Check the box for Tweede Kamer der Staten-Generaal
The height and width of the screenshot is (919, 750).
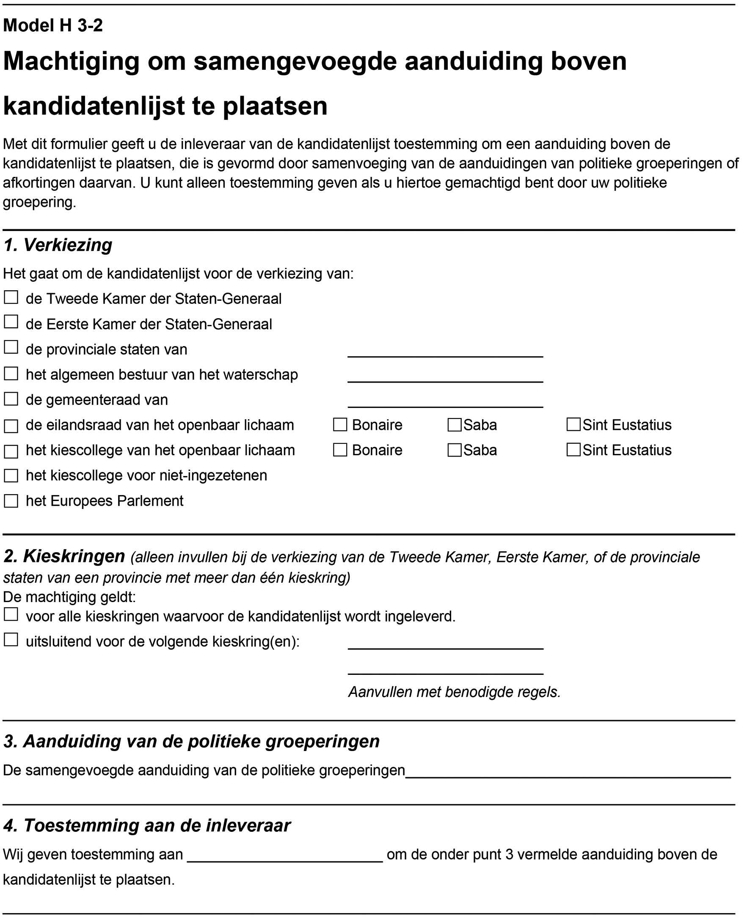11,297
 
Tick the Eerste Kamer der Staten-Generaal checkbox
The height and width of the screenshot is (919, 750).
11,322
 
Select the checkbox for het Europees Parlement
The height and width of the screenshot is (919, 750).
11,501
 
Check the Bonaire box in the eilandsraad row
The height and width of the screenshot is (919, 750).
340,425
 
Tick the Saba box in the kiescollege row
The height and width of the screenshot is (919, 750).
455,451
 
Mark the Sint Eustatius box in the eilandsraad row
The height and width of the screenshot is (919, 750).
574,425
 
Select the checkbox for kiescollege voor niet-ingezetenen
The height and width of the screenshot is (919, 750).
11,476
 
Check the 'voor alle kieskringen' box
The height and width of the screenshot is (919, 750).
11,614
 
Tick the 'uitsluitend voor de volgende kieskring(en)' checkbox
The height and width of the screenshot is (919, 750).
11,640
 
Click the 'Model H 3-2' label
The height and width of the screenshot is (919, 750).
53,26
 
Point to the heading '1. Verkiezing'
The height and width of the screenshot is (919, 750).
58,245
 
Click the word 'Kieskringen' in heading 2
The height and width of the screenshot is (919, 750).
74,557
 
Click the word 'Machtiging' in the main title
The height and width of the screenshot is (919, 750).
72,61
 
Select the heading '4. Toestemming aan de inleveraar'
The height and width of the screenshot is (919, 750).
147,826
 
